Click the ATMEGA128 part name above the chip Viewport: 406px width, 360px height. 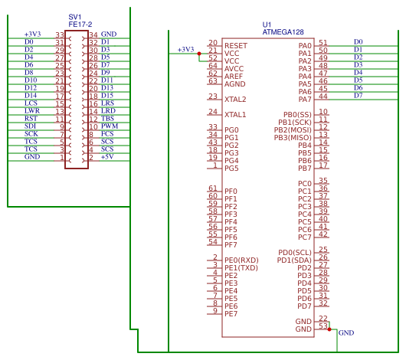(283, 32)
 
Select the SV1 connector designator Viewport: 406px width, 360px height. (74, 17)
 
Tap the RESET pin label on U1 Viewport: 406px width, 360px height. (235, 46)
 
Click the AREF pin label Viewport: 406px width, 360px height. (234, 77)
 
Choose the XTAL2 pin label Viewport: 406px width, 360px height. (235, 100)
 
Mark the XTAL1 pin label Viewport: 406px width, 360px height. (235, 115)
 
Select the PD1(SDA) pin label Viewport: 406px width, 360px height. (295, 260)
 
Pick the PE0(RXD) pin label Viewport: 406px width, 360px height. (241, 260)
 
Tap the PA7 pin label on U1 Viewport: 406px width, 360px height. (305, 100)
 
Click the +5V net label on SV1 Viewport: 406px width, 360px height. (107, 157)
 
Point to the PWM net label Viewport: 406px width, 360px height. (109, 126)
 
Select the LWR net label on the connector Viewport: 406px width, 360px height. (31, 111)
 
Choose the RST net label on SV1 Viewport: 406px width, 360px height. (31, 119)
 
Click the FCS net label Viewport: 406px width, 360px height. (107, 134)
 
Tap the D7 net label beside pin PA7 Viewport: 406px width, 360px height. (358, 96)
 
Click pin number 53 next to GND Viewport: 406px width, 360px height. (323, 326)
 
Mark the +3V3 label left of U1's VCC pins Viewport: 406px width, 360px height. (185, 50)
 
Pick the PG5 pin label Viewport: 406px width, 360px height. (231, 169)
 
